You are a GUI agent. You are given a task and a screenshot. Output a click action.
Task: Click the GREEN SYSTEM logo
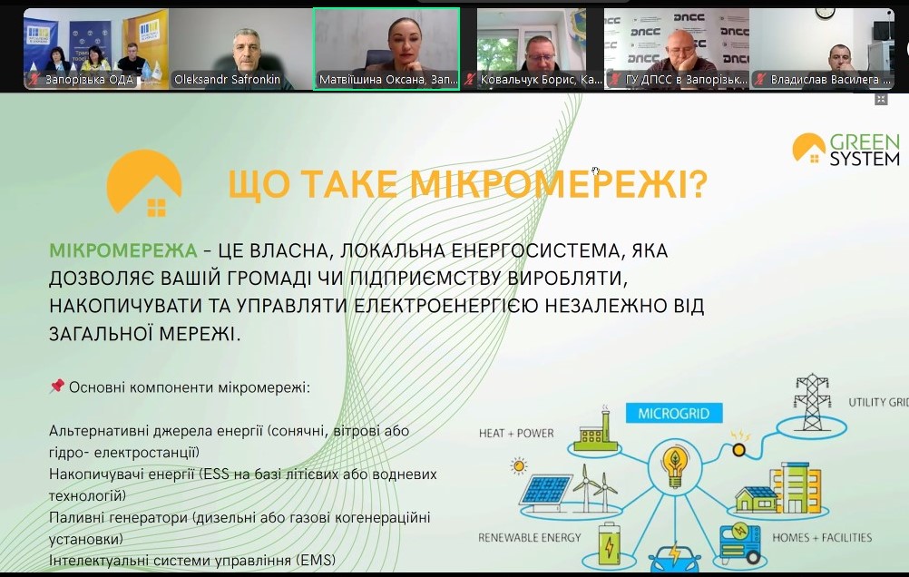845,149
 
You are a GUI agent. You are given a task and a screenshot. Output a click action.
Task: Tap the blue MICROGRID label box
674,414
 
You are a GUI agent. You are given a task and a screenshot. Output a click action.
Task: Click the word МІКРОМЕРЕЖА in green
122,250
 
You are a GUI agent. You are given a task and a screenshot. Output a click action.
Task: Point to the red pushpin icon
56,386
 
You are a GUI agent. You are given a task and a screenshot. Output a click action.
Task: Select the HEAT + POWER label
516,433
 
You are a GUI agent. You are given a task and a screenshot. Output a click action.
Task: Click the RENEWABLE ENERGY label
529,538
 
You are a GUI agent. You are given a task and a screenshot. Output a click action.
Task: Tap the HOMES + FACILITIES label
822,538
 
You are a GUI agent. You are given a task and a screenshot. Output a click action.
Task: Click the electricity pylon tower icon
812,403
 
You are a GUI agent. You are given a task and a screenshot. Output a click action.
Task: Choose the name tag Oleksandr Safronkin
227,80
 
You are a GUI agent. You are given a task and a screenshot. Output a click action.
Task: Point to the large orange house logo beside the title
143,182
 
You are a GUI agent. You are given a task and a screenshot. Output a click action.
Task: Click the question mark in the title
699,184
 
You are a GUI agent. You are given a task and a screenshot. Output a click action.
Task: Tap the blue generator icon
740,543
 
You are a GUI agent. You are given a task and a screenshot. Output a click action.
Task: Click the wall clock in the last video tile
824,13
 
